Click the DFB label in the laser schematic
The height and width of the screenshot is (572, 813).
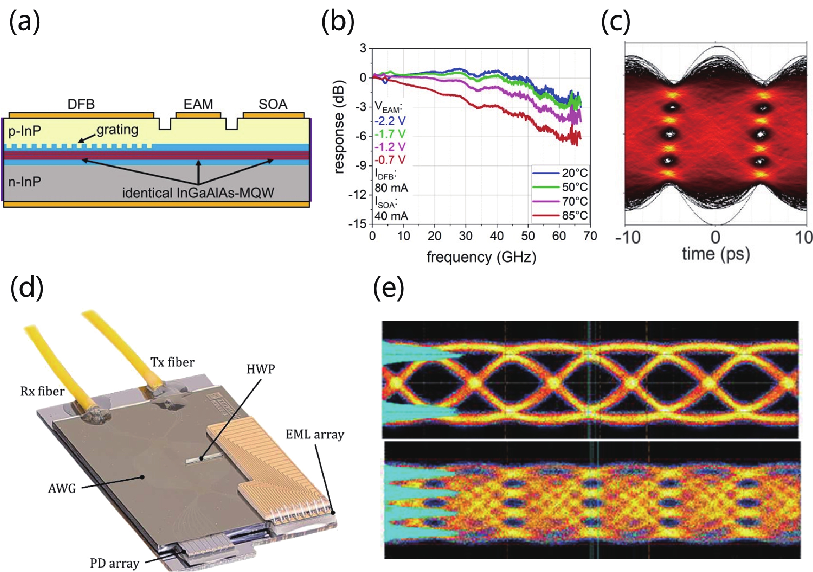[81, 104]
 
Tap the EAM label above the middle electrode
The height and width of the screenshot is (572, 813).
[198, 104]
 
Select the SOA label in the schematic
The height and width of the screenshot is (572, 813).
[273, 104]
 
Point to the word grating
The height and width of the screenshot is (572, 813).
[117, 130]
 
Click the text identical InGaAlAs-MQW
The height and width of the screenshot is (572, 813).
[198, 193]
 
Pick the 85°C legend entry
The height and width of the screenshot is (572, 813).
[575, 215]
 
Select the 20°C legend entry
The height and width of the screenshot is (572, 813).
[575, 173]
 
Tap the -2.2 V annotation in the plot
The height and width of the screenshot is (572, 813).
[390, 121]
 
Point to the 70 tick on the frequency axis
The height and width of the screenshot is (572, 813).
[590, 236]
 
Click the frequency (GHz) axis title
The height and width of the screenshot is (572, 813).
[481, 257]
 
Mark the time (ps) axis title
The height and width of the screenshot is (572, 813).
[716, 254]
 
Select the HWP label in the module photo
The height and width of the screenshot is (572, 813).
[261, 369]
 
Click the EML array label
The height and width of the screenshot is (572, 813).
[315, 435]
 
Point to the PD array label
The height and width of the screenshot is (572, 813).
[114, 563]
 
